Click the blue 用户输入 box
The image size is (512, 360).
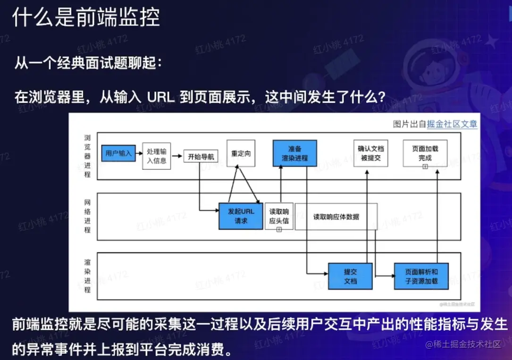[x=118, y=153]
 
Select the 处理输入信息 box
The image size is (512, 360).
[x=156, y=156]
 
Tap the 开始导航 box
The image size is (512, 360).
[x=201, y=157]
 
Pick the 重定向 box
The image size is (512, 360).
[x=241, y=153]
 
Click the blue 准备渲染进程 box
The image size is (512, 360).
[x=294, y=153]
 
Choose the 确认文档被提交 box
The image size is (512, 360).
[x=370, y=153]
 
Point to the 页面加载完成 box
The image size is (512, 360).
[x=425, y=152]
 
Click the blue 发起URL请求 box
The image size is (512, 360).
[x=241, y=216]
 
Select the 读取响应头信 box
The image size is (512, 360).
[x=279, y=216]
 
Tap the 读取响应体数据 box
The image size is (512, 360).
[x=336, y=217]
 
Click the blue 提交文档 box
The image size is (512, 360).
[x=350, y=276]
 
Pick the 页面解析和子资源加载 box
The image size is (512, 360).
[x=421, y=276]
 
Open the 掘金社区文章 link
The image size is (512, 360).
[x=452, y=124]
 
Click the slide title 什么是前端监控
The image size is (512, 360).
[x=86, y=17]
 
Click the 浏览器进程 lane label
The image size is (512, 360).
[x=87, y=156]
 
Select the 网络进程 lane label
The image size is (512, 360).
[x=87, y=216]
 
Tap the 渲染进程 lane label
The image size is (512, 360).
[x=87, y=276]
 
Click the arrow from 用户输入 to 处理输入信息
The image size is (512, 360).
[x=138, y=153]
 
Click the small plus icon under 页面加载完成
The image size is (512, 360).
[x=425, y=167]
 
